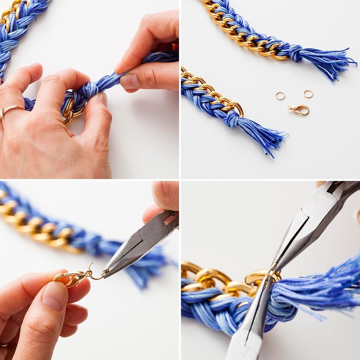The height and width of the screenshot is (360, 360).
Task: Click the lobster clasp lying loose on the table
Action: point(298,109)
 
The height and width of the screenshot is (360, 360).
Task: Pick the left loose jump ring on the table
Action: point(280,96)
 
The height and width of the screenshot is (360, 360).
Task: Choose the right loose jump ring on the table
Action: point(308,94)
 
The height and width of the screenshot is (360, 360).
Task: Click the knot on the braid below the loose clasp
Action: point(232,119)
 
